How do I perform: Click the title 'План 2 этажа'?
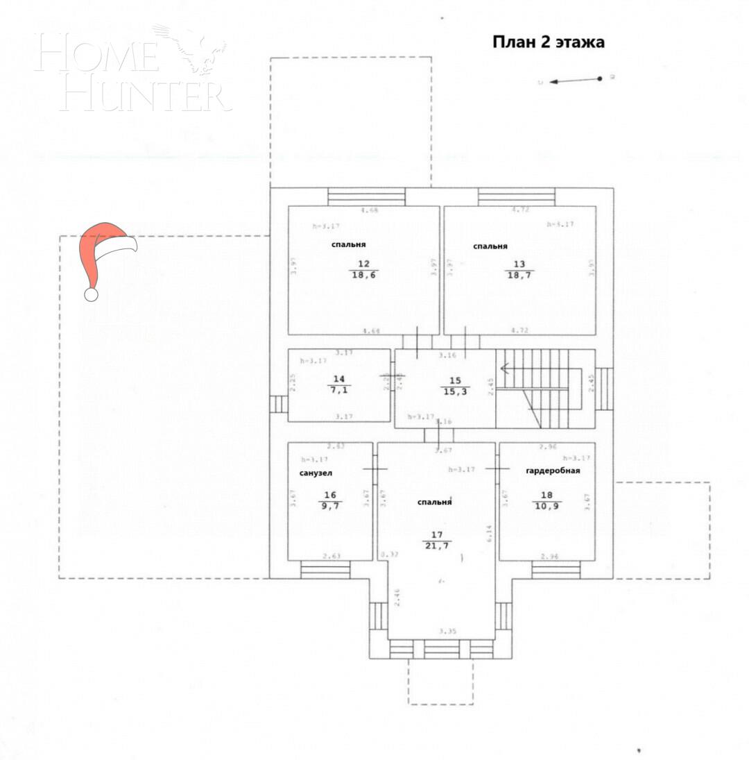(x=548, y=42)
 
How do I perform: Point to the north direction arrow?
(x=575, y=81)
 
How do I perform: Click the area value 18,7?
(x=519, y=275)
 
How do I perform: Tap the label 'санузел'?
(x=316, y=473)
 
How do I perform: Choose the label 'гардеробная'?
(x=553, y=471)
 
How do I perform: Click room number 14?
(x=338, y=379)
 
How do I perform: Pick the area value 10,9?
(x=547, y=507)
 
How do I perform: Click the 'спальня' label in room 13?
(x=490, y=246)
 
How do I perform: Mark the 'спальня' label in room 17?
(x=435, y=502)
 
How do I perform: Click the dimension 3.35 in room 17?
(x=447, y=631)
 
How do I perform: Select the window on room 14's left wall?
(x=279, y=404)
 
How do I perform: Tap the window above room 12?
(x=366, y=196)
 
